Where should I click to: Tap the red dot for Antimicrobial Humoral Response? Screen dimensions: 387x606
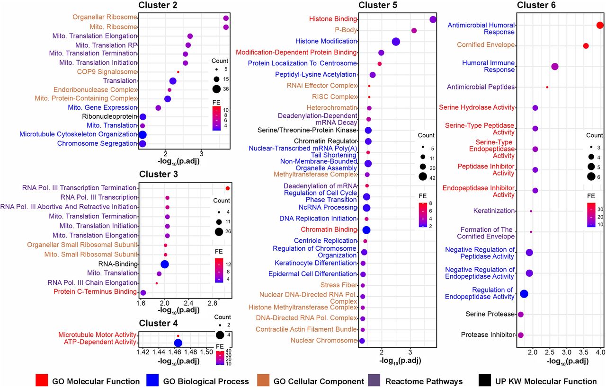[x=600, y=26]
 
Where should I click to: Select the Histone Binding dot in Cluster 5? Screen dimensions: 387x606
[x=432, y=19]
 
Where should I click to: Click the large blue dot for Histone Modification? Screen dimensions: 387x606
[x=396, y=42]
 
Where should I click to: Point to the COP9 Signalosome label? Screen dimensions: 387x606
[x=107, y=72]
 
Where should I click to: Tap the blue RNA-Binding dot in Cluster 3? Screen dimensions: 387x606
[x=165, y=264]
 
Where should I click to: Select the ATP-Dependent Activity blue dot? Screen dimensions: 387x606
[x=178, y=343]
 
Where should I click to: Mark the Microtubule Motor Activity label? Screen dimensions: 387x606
[x=97, y=335]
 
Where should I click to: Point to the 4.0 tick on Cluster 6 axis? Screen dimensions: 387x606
[x=600, y=352]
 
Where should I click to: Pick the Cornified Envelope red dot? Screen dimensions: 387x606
[x=586, y=46]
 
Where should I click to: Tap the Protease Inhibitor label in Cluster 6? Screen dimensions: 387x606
[x=488, y=335]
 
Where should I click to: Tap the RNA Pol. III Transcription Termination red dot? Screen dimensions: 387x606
[x=228, y=188]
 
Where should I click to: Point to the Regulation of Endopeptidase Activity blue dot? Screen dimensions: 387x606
[x=524, y=294]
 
